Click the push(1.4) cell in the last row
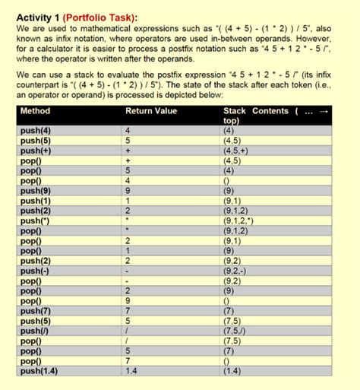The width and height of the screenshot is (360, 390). (39, 370)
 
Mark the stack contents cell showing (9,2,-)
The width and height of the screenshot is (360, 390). (236, 270)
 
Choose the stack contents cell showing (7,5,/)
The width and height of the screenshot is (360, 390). (236, 330)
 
